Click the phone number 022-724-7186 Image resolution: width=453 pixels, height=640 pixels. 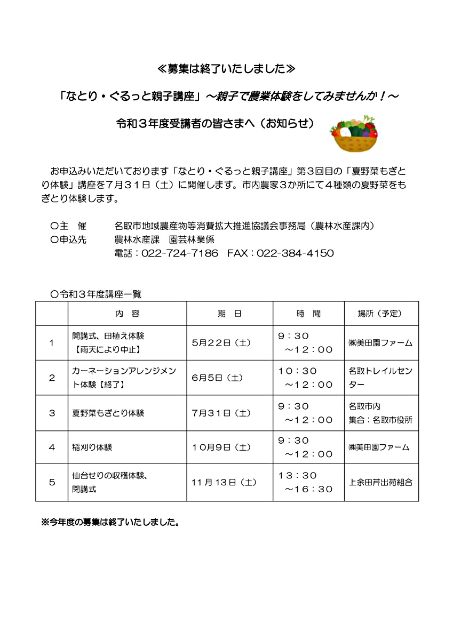click(180, 253)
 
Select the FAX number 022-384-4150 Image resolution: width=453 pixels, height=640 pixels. click(295, 253)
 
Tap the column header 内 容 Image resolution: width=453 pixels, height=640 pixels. click(127, 314)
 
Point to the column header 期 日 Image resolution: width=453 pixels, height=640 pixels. click(229, 314)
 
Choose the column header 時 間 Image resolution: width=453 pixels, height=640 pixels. click(308, 314)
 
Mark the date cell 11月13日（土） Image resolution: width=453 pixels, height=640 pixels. click(224, 482)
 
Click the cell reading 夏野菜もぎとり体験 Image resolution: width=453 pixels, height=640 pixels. click(108, 413)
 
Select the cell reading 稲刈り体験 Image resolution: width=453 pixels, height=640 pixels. click(92, 447)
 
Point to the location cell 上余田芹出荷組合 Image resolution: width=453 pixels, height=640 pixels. click(380, 482)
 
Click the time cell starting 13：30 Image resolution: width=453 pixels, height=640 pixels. click(306, 482)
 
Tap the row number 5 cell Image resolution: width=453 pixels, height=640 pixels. click(52, 482)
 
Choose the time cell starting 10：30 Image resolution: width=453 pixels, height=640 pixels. click(306, 378)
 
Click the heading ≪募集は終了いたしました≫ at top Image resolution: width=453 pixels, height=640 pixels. click(226, 69)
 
